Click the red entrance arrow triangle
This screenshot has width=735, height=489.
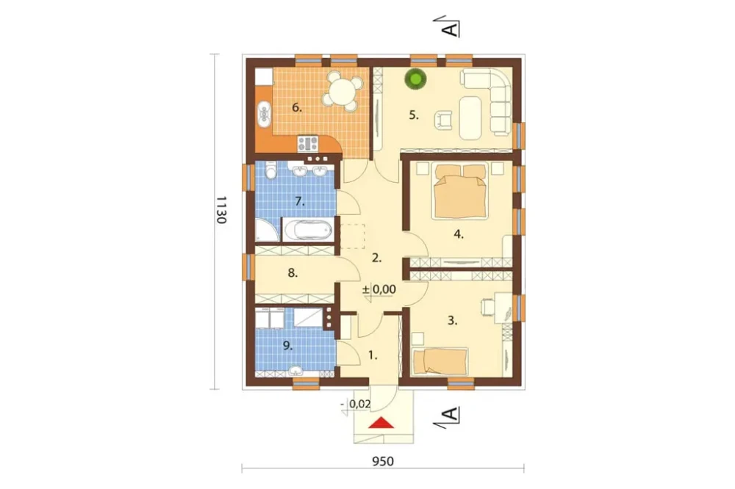(381, 423)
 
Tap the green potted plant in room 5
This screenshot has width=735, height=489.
(416, 79)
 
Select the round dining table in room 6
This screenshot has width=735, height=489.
(343, 91)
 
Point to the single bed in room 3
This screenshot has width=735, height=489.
(440, 361)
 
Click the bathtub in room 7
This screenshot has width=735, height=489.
(307, 230)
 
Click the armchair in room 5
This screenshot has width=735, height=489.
(443, 120)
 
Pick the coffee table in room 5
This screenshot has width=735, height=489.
(471, 117)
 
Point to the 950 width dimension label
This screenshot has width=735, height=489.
(383, 461)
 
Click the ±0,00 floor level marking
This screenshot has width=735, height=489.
(379, 289)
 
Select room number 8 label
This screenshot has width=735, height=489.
(293, 272)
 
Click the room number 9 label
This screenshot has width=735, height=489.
(287, 346)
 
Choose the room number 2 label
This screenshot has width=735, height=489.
(376, 257)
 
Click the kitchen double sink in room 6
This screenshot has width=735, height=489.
(265, 113)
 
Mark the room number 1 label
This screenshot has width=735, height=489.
(373, 355)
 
